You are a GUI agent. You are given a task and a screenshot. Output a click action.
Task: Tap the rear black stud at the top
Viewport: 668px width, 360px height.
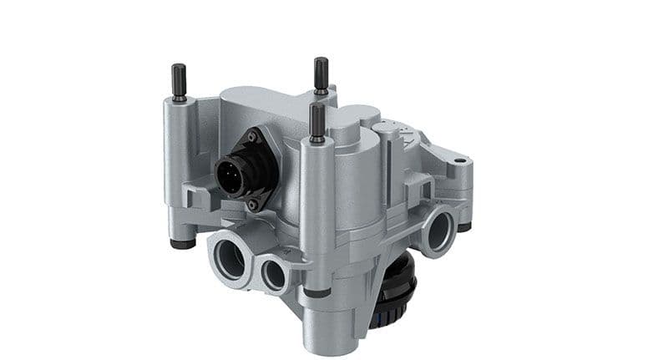point(321,73)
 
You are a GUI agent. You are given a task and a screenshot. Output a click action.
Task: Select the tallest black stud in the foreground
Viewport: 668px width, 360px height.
point(316,122)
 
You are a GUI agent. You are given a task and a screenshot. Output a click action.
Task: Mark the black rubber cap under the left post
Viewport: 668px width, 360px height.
point(182,245)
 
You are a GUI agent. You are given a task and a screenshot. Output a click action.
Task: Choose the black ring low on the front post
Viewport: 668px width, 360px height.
point(316,293)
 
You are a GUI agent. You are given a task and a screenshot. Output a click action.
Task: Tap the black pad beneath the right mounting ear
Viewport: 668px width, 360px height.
point(463,227)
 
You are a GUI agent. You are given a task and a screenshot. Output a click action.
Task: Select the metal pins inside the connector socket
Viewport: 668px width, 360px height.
point(227,175)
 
